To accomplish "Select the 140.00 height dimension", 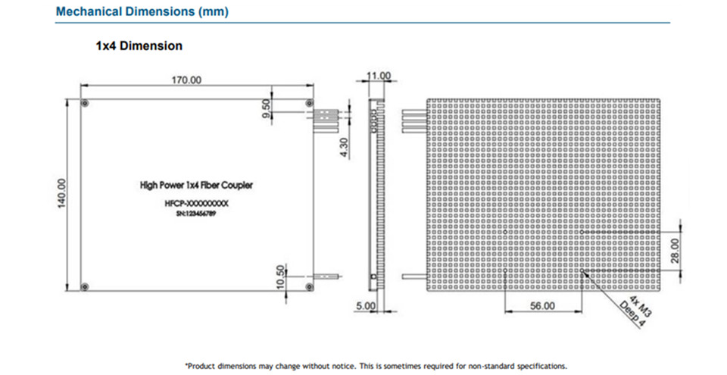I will pyautogui.click(x=63, y=192).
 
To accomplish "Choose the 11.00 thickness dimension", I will pyautogui.click(x=378, y=76).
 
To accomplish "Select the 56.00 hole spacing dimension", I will pyautogui.click(x=542, y=305).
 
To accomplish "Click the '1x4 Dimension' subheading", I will pyautogui.click(x=139, y=46).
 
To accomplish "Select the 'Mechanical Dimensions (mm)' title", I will pyautogui.click(x=142, y=12).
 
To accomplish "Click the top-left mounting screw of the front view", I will pyautogui.click(x=85, y=103).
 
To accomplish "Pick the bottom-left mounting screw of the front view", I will pyautogui.click(x=85, y=286).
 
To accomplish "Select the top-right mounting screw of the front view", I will pyautogui.click(x=307, y=103).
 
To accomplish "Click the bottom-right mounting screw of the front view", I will pyautogui.click(x=307, y=286).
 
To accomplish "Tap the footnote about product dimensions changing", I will pyautogui.click(x=375, y=365).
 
